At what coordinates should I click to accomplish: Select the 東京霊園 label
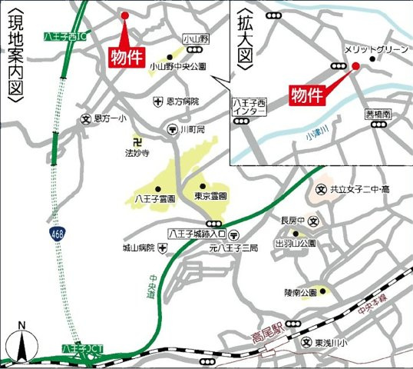pyautogui.click(x=210, y=197)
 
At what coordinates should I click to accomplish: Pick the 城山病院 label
pyautogui.click(x=139, y=248)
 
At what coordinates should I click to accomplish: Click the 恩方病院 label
pyautogui.click(x=182, y=101)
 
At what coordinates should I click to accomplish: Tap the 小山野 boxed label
pyautogui.click(x=196, y=38)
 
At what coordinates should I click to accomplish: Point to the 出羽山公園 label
pyautogui.click(x=296, y=242)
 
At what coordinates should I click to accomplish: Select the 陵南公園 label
pyautogui.click(x=299, y=291)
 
